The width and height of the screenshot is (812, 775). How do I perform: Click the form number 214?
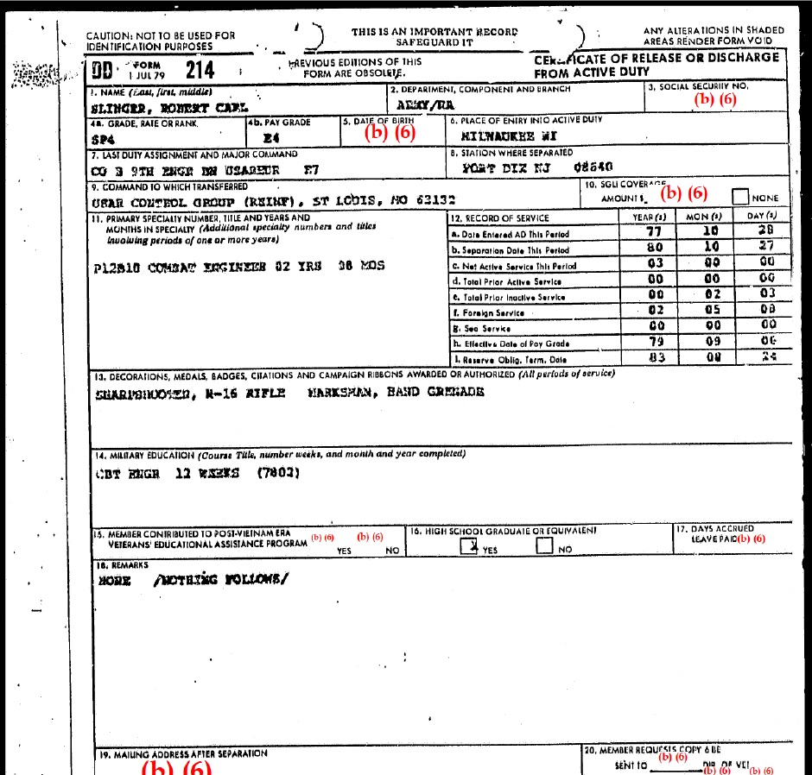click(x=200, y=70)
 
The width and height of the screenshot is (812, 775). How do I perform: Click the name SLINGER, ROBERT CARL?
click(x=168, y=109)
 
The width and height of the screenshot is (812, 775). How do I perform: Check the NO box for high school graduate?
click(x=544, y=546)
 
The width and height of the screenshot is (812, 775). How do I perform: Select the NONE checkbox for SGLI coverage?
click(x=740, y=197)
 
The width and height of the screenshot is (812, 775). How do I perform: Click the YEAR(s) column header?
click(x=649, y=217)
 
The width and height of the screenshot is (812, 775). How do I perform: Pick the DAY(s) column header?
click(x=761, y=217)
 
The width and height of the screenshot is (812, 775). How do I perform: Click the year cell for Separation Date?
click(x=655, y=248)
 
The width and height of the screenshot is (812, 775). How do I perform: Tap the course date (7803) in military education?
click(x=278, y=473)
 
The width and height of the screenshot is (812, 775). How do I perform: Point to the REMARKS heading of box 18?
click(x=112, y=564)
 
